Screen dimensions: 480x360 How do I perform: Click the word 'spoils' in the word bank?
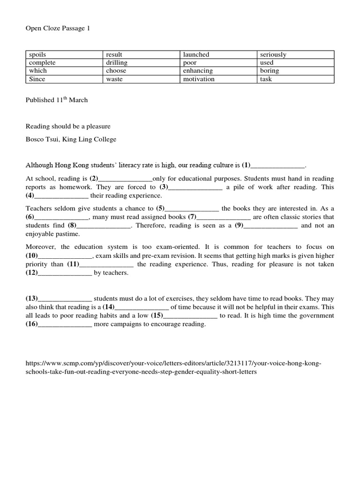coord(37,55)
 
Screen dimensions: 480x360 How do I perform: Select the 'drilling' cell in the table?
coord(117,63)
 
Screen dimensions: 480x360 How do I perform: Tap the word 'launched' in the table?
coord(196,55)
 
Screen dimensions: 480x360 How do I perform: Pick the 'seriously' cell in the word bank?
coord(273,55)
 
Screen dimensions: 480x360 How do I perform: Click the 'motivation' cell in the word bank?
coord(199,79)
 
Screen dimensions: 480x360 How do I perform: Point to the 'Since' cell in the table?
coord(37,79)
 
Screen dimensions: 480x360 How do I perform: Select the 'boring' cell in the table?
coord(269,71)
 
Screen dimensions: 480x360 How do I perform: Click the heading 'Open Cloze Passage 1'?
coord(57,29)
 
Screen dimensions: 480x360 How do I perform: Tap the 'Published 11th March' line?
coord(56,100)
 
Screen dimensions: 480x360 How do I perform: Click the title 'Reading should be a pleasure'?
coord(67,127)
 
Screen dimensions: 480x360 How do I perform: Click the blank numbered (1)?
coord(278,165)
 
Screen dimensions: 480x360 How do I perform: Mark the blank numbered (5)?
coord(192,209)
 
